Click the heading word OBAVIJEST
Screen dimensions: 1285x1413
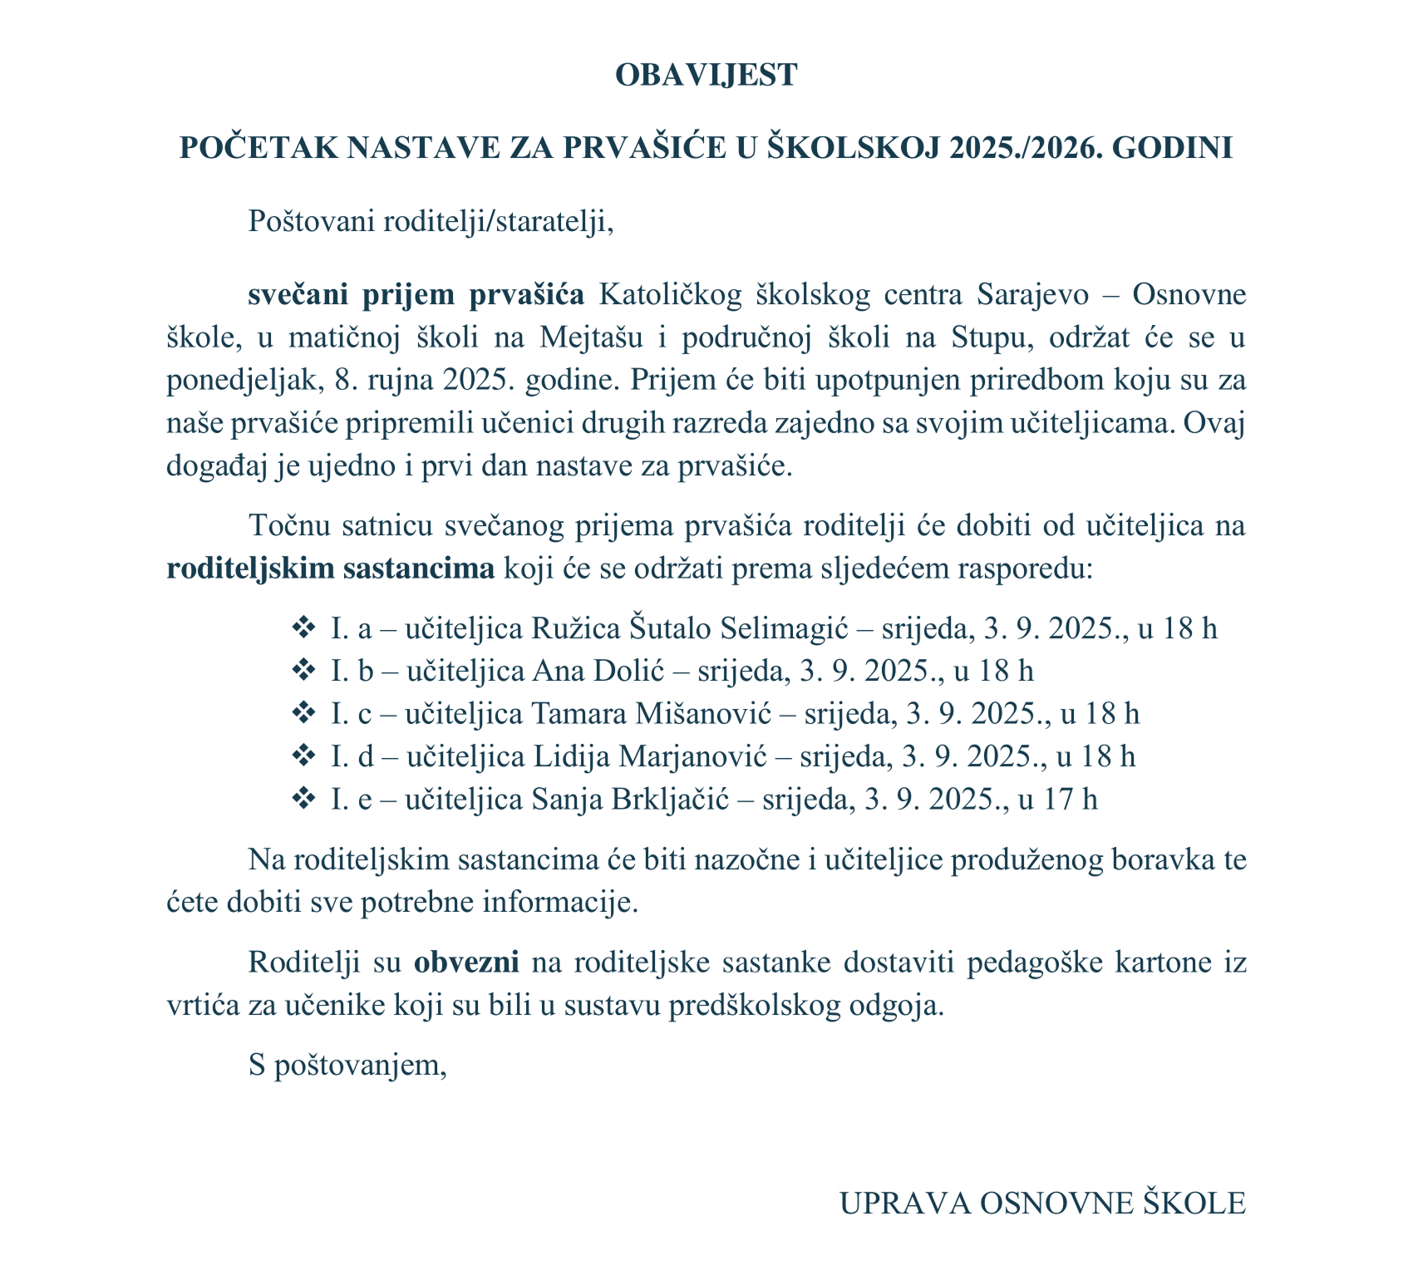coord(706,75)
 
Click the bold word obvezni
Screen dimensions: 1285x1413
coord(466,963)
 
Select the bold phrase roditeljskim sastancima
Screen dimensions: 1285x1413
coord(330,569)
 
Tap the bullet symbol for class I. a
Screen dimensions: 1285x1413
coord(303,628)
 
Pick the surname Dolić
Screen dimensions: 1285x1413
coord(641,671)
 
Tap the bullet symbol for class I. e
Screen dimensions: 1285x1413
coord(303,799)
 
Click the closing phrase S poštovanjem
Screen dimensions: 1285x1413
coord(347,1066)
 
